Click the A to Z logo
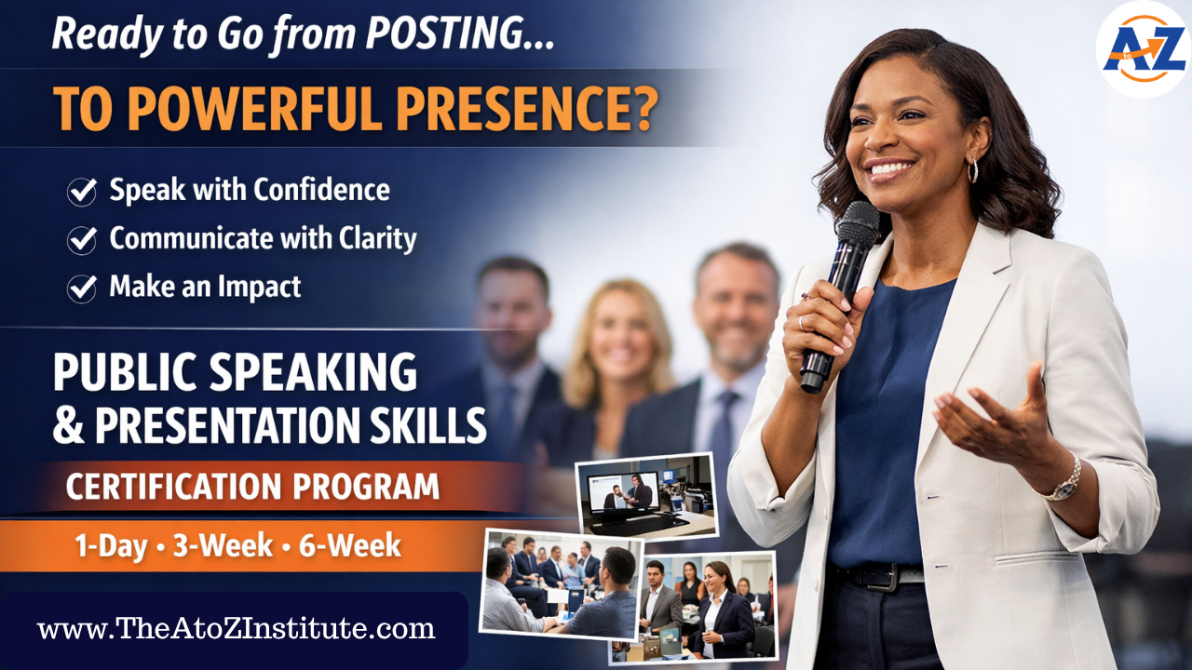[x=1143, y=49]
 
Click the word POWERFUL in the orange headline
[x=256, y=108]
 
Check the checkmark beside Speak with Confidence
[x=81, y=192]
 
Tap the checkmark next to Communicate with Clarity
[x=81, y=240]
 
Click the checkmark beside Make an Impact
[x=81, y=288]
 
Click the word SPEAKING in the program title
[x=314, y=372]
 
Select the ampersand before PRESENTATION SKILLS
[x=69, y=425]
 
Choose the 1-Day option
[x=111, y=545]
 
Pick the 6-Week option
[x=349, y=545]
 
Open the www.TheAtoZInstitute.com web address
[x=237, y=628]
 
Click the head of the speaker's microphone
[x=858, y=224]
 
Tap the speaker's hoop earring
[x=972, y=170]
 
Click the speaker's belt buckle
[x=884, y=576]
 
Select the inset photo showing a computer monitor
[x=646, y=494]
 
